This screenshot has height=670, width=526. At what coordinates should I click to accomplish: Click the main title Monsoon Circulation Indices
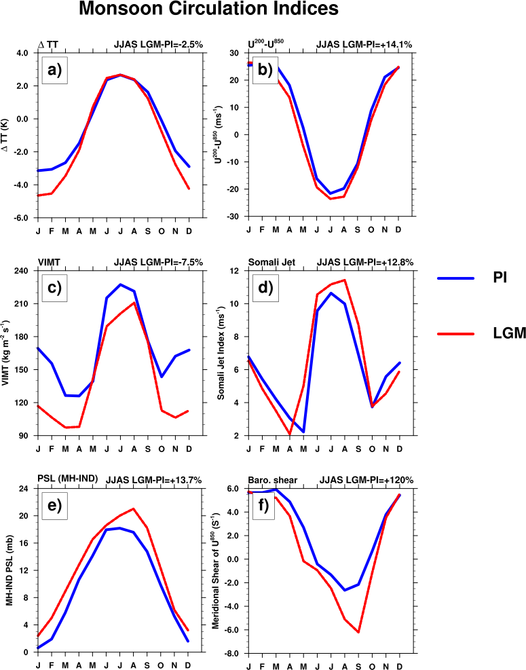[208, 10]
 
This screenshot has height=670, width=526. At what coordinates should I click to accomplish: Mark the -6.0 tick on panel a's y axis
[22, 218]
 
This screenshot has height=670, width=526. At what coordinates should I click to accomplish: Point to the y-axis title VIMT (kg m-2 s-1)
[7, 354]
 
